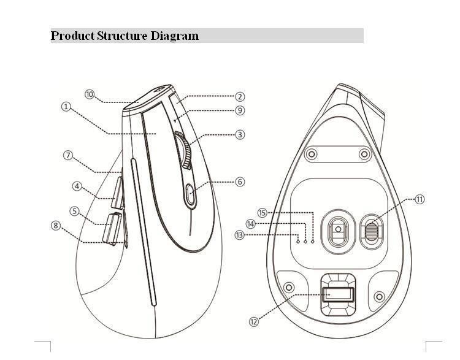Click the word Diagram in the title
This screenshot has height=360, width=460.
click(175, 36)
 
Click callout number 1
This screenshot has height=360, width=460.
click(66, 106)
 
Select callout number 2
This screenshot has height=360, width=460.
click(240, 96)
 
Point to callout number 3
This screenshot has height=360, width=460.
click(240, 135)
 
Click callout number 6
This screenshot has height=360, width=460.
click(240, 182)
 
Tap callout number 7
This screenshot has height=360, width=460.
click(68, 155)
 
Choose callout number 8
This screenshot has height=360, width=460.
click(55, 225)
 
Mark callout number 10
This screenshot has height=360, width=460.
click(90, 94)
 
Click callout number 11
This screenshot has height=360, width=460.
click(420, 199)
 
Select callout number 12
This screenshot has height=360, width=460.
click(254, 321)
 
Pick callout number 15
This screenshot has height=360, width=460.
click(262, 213)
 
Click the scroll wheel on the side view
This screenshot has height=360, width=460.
click(183, 150)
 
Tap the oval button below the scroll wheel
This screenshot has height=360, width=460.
click(190, 194)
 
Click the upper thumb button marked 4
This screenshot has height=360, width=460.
click(118, 192)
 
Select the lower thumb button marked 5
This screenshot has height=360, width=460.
click(112, 229)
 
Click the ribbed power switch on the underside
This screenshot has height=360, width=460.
click(372, 231)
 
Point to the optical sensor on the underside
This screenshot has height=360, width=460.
click(338, 229)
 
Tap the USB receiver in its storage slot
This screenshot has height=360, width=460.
click(338, 294)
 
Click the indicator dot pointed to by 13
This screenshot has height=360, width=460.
click(298, 242)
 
